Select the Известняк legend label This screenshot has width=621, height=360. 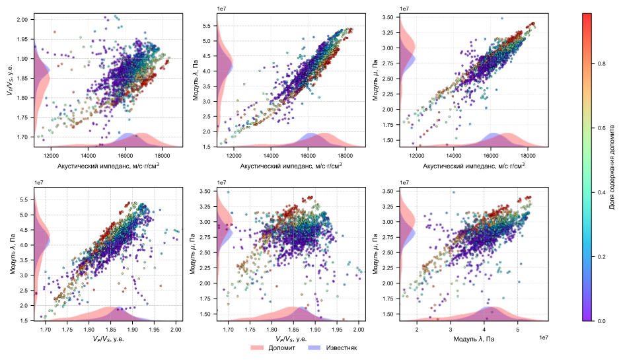tap(338, 347)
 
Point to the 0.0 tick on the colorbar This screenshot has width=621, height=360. tap(601, 321)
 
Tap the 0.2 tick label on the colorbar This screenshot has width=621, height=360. tap(601, 257)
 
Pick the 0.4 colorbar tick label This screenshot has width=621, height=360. tap(601, 192)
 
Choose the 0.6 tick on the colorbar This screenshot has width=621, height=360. tap(601, 128)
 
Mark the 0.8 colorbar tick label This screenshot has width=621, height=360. tap(601, 64)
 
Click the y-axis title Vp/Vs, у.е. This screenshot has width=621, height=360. tap(11, 80)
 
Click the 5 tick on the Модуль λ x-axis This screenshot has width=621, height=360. tap(518, 328)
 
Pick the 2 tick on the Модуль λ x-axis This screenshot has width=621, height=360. tap(417, 328)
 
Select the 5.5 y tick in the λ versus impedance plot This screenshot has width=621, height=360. tap(207, 26)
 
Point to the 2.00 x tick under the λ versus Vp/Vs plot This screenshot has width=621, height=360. tap(176, 328)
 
